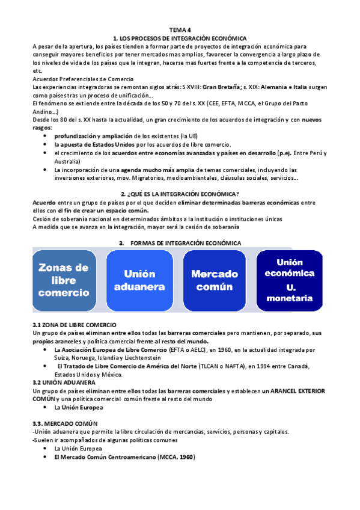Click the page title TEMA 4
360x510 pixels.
[180, 29]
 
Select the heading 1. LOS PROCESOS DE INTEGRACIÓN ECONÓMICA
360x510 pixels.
[180, 37]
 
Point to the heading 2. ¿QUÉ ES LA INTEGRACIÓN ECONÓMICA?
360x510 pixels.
[180, 194]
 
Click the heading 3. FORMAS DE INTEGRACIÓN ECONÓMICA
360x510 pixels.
[180, 243]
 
